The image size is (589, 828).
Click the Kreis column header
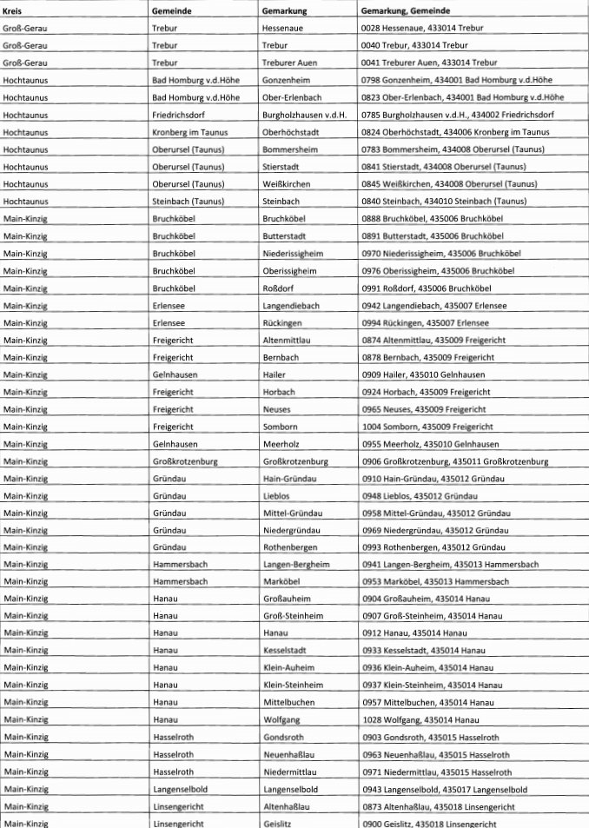point(13,10)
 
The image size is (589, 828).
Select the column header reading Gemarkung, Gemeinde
point(407,10)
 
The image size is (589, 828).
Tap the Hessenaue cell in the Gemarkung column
point(282,28)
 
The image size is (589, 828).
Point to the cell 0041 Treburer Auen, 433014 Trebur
point(428,62)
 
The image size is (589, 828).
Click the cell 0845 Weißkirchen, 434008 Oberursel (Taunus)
point(449,183)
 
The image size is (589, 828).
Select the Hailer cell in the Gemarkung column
point(275,374)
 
